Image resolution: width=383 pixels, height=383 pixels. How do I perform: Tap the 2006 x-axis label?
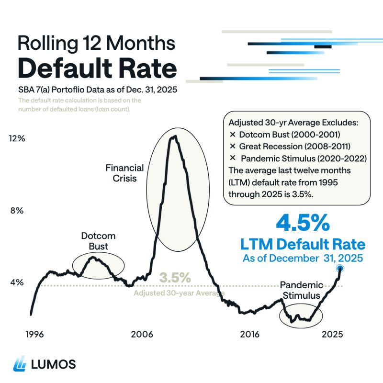coord(143,334)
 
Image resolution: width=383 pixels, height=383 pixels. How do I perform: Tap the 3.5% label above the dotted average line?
coord(175,277)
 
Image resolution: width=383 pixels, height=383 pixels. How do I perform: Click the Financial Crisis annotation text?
coord(124,173)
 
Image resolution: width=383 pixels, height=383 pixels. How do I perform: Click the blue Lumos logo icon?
coord(21,364)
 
